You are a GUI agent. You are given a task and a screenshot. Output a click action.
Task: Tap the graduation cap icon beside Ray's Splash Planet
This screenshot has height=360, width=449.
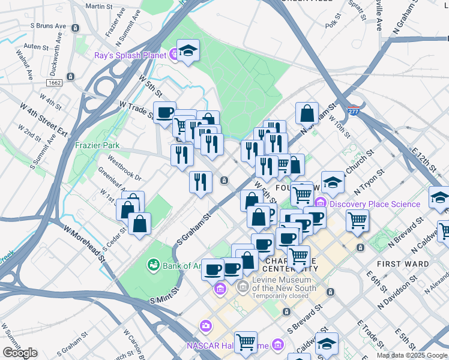pos(188,52)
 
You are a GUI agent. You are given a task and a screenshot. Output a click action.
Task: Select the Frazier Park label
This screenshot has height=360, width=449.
pos(97,145)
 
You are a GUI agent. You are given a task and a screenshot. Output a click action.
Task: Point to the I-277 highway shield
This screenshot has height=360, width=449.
pos(353,112)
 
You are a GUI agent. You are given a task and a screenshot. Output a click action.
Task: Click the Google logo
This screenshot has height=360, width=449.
pos(20,352)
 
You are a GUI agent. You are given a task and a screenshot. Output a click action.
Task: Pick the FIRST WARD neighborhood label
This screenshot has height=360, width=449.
pos(403,264)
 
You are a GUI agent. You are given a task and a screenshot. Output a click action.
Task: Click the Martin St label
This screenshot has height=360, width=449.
pos(99,6)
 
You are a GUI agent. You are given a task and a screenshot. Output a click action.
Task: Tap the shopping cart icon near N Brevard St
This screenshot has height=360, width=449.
pos(358,220)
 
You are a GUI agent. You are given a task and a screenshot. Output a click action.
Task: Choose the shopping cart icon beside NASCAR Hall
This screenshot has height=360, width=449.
pos(245,342)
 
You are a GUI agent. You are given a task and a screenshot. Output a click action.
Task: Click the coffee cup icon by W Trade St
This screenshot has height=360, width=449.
pos(164,112)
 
